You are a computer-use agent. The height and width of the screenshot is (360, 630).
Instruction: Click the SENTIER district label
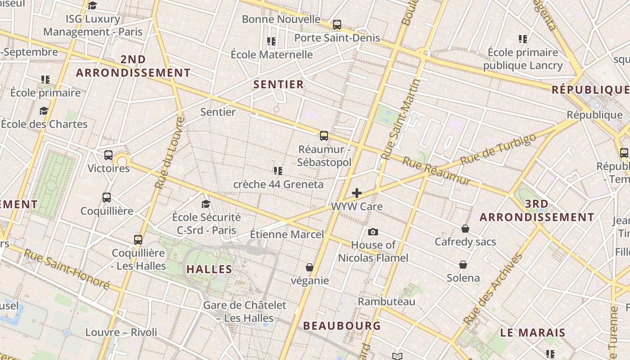click(x=279, y=84)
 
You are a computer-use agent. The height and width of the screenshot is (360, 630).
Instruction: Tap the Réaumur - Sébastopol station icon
click(x=324, y=135)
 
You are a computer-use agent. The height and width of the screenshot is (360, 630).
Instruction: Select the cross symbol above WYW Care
click(x=357, y=193)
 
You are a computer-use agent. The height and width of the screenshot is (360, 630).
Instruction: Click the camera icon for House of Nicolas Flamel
click(x=373, y=232)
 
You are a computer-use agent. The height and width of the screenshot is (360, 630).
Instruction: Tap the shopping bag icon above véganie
click(x=310, y=267)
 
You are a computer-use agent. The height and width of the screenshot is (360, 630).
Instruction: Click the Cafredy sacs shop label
click(x=465, y=242)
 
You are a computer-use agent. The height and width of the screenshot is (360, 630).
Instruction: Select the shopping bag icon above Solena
click(x=463, y=265)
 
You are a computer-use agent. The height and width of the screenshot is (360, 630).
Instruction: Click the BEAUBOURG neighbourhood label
click(x=342, y=325)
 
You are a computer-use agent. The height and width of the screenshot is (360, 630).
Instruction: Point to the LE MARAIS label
click(x=533, y=333)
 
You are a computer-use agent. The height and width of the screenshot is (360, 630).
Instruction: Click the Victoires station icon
click(x=108, y=155)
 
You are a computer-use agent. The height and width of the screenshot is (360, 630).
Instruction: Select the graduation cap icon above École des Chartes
click(x=44, y=111)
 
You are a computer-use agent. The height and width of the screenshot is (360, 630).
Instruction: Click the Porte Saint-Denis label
click(x=337, y=38)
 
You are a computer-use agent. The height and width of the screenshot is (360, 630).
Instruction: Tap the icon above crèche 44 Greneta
click(x=278, y=171)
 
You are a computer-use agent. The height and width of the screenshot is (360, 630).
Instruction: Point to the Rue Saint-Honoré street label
click(x=67, y=269)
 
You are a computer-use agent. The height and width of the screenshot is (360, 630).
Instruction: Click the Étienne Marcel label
click(x=287, y=234)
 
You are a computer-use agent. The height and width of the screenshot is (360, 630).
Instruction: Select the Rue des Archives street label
click(x=493, y=288)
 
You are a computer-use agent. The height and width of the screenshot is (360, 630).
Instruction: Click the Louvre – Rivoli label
click(x=121, y=332)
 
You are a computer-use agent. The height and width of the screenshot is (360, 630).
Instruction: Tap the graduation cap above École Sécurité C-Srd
click(x=206, y=204)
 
